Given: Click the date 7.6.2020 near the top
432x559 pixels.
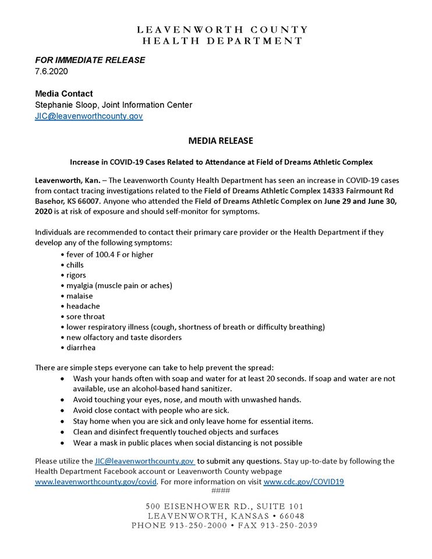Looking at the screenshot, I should pos(51,71).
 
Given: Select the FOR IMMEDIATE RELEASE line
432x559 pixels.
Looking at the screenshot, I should pos(90,60).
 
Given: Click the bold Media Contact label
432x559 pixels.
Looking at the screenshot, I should pos(64,93).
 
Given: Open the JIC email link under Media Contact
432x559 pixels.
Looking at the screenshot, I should pos(89,116).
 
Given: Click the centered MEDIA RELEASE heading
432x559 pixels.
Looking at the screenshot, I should pos(221,141).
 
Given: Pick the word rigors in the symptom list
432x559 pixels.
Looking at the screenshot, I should pos(76,275).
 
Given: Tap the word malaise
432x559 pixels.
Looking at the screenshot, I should pos(79,296).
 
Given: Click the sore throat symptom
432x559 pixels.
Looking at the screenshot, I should pos(86,317).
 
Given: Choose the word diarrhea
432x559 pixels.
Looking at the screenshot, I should pos(81,348).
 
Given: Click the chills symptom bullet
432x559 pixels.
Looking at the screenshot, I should pos(75,265).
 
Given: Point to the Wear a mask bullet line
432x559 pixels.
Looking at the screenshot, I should pos(187,443).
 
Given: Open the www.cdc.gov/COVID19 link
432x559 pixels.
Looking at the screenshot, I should pos(303,482).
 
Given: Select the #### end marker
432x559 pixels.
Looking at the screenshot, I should pos(221,490).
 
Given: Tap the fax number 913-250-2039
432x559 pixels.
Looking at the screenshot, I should pos(280,526).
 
